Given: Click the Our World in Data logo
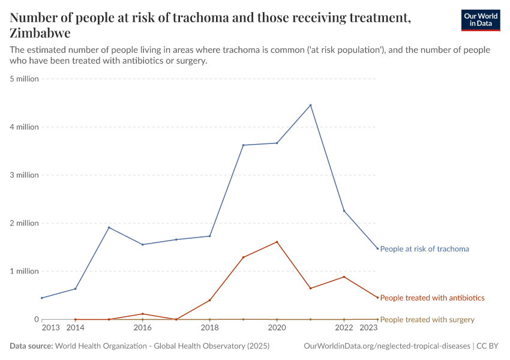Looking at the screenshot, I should (x=480, y=20).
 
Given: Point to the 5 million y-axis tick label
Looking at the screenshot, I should (x=24, y=79).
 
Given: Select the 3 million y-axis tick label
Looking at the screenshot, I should (x=24, y=175).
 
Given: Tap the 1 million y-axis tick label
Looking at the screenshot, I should (x=24, y=271).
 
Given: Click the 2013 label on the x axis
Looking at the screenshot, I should (x=51, y=328).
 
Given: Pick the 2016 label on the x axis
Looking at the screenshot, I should (x=142, y=328).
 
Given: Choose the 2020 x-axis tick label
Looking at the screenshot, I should (x=277, y=328).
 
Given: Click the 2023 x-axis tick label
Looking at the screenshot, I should (x=368, y=328).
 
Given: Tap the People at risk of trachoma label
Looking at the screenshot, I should (x=424, y=248).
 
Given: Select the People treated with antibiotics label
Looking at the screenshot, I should (x=432, y=298).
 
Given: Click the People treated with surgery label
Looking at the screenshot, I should (x=427, y=320).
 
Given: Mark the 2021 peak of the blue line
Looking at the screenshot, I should (x=310, y=105).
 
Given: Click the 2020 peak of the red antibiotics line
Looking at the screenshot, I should (x=277, y=242).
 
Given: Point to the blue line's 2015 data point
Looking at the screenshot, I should (x=109, y=227).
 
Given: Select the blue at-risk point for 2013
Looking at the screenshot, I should (x=41, y=298).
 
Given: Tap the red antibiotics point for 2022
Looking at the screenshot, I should (x=344, y=277).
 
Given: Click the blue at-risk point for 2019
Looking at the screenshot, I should (x=243, y=145).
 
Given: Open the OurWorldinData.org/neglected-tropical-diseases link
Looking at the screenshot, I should (x=388, y=346).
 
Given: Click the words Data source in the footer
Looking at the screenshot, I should (x=31, y=346).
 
